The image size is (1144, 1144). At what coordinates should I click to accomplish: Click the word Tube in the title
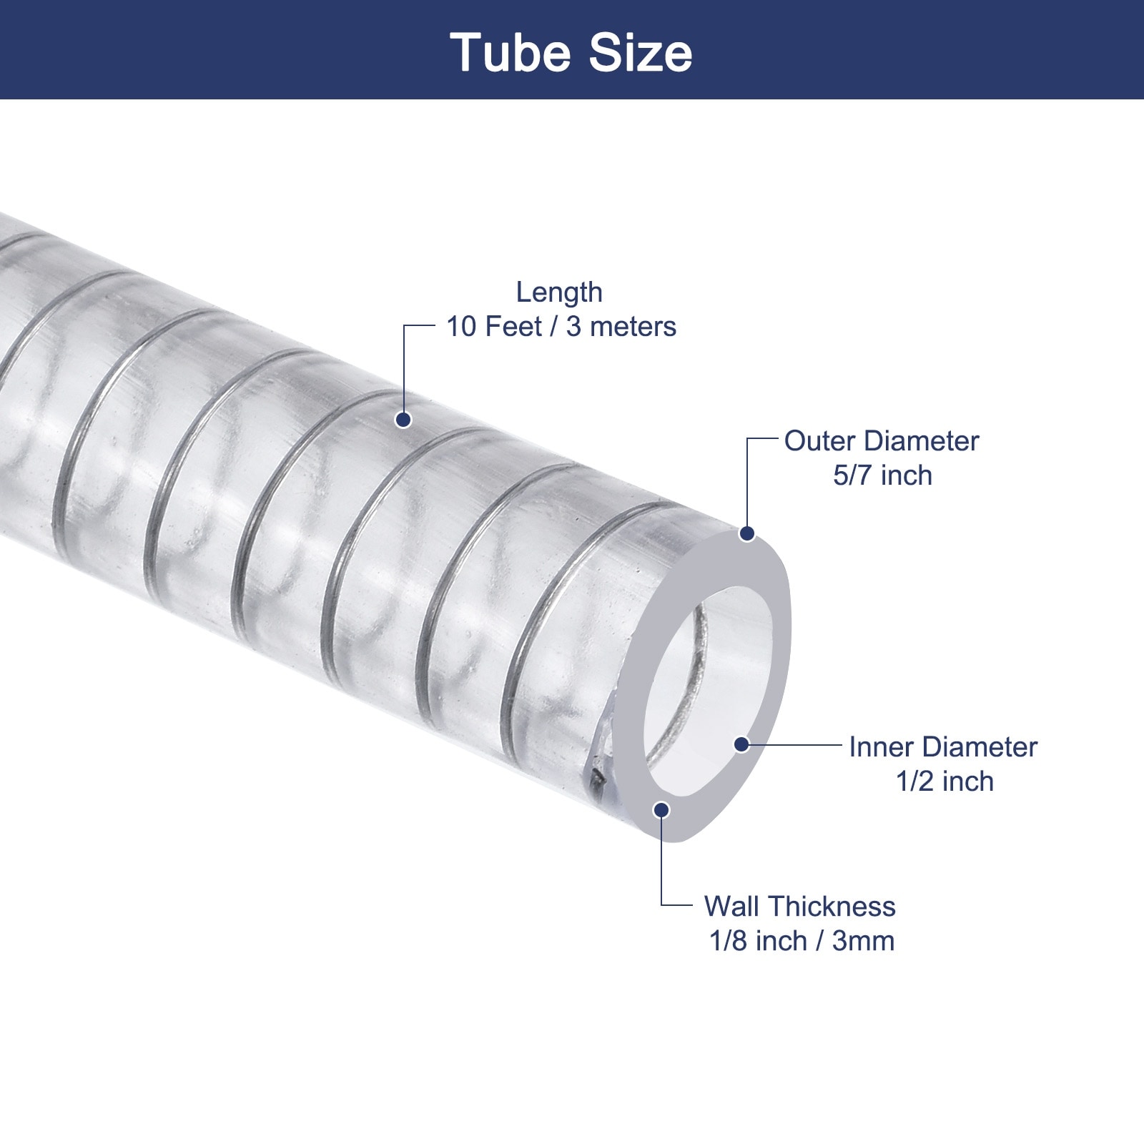[509, 53]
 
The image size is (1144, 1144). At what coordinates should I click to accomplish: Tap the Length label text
[559, 293]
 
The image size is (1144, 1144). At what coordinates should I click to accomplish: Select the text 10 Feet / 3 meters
[561, 327]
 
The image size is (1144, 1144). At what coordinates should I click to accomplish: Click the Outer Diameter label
[882, 441]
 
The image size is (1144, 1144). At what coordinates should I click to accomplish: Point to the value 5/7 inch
[882, 475]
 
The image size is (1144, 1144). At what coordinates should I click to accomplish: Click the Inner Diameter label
[943, 747]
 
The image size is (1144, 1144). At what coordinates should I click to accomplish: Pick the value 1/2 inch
[945, 781]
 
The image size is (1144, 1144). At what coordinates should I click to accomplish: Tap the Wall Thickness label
[799, 907]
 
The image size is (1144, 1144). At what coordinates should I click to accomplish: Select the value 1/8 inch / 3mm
[802, 941]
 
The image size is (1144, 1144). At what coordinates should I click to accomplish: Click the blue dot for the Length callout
[403, 420]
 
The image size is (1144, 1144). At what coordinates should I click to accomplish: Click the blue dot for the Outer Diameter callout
[747, 533]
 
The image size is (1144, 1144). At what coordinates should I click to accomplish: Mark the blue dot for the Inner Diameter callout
[741, 744]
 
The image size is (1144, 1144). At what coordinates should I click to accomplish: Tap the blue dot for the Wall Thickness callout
[661, 809]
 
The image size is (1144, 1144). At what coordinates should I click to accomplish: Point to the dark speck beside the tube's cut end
[595, 781]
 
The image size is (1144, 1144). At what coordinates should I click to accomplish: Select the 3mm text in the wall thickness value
[863, 941]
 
